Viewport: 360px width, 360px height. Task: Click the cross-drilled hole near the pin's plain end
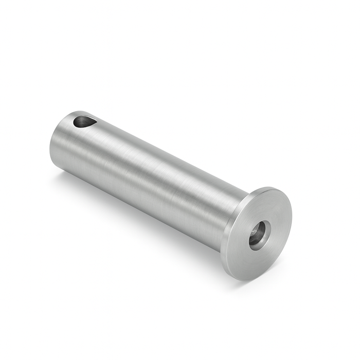[x=82, y=122]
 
